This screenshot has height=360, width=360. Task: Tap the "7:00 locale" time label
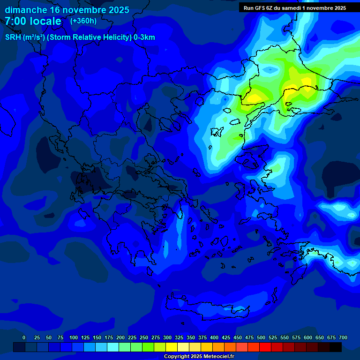pos(33,21)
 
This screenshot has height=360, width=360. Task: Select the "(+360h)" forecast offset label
pos(83,21)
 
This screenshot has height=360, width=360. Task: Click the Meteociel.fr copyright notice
pos(199,357)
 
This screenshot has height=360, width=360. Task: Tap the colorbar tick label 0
pos(24,337)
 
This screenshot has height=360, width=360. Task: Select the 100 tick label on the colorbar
pos(74,337)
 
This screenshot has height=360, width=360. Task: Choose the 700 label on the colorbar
pos(343,337)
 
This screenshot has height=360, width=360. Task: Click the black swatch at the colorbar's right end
pos(336,347)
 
